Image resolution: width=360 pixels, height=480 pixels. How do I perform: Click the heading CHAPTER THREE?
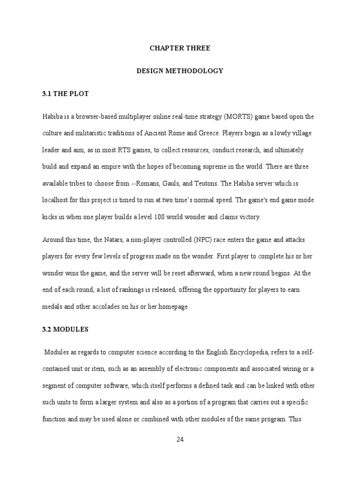[180, 48]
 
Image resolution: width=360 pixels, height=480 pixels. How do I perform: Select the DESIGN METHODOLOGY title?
[180, 71]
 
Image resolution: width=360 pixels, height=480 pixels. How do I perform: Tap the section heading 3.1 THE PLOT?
[66, 94]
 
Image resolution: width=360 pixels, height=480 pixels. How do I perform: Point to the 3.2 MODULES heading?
[66, 330]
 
